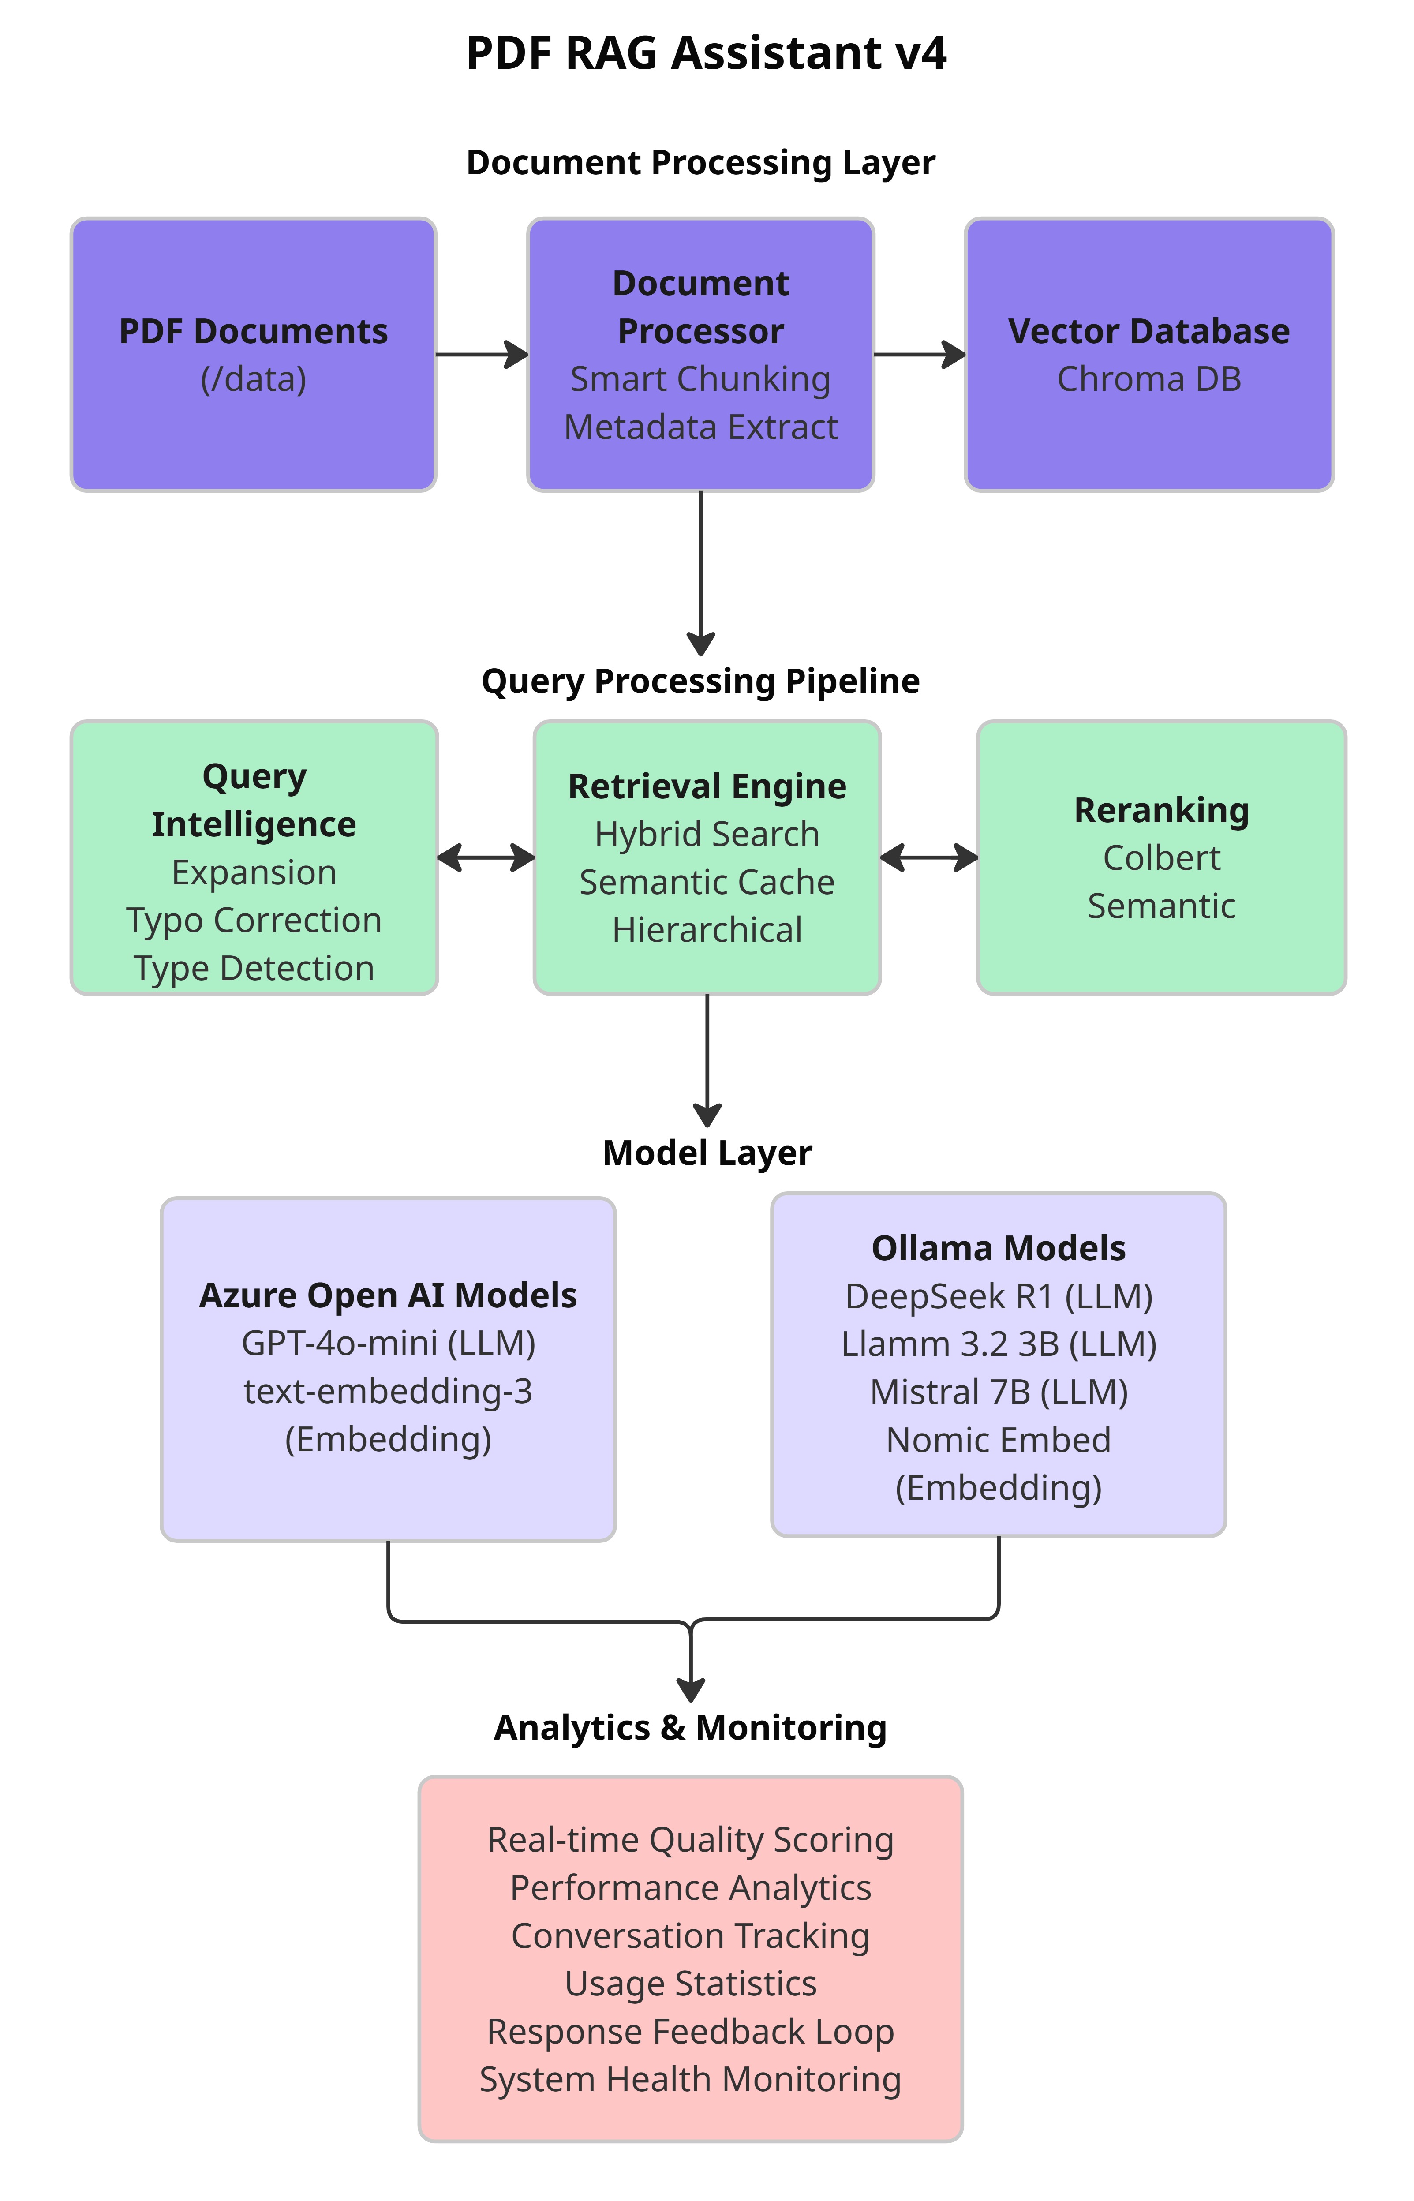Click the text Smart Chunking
(x=700, y=379)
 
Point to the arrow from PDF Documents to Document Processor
(x=481, y=355)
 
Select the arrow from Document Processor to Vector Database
(x=919, y=355)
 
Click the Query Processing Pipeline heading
(x=700, y=681)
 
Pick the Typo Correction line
(x=254, y=920)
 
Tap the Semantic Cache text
(x=707, y=883)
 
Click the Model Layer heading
(x=707, y=1153)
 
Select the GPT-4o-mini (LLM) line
(x=389, y=1344)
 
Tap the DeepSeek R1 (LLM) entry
(x=999, y=1296)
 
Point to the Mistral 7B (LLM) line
(x=999, y=1392)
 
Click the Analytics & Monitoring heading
(x=691, y=1728)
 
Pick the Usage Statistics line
(x=691, y=1984)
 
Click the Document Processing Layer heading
(x=700, y=162)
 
